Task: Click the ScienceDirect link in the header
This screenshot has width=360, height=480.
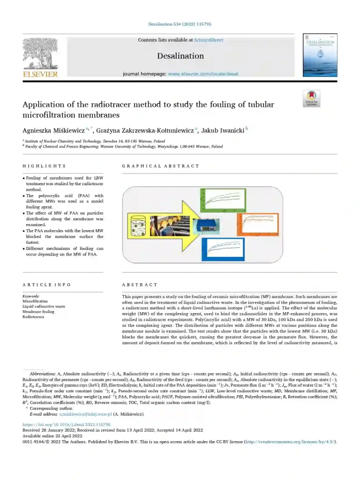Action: (209, 40)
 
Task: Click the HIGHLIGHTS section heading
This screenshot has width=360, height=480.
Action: (44, 166)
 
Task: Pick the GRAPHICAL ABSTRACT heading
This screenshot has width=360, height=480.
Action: (160, 166)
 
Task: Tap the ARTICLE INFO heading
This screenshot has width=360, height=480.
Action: (47, 285)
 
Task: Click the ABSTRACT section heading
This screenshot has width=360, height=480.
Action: (140, 285)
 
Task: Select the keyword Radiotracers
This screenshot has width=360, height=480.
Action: (33, 317)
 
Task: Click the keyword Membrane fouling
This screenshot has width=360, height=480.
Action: (38, 312)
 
